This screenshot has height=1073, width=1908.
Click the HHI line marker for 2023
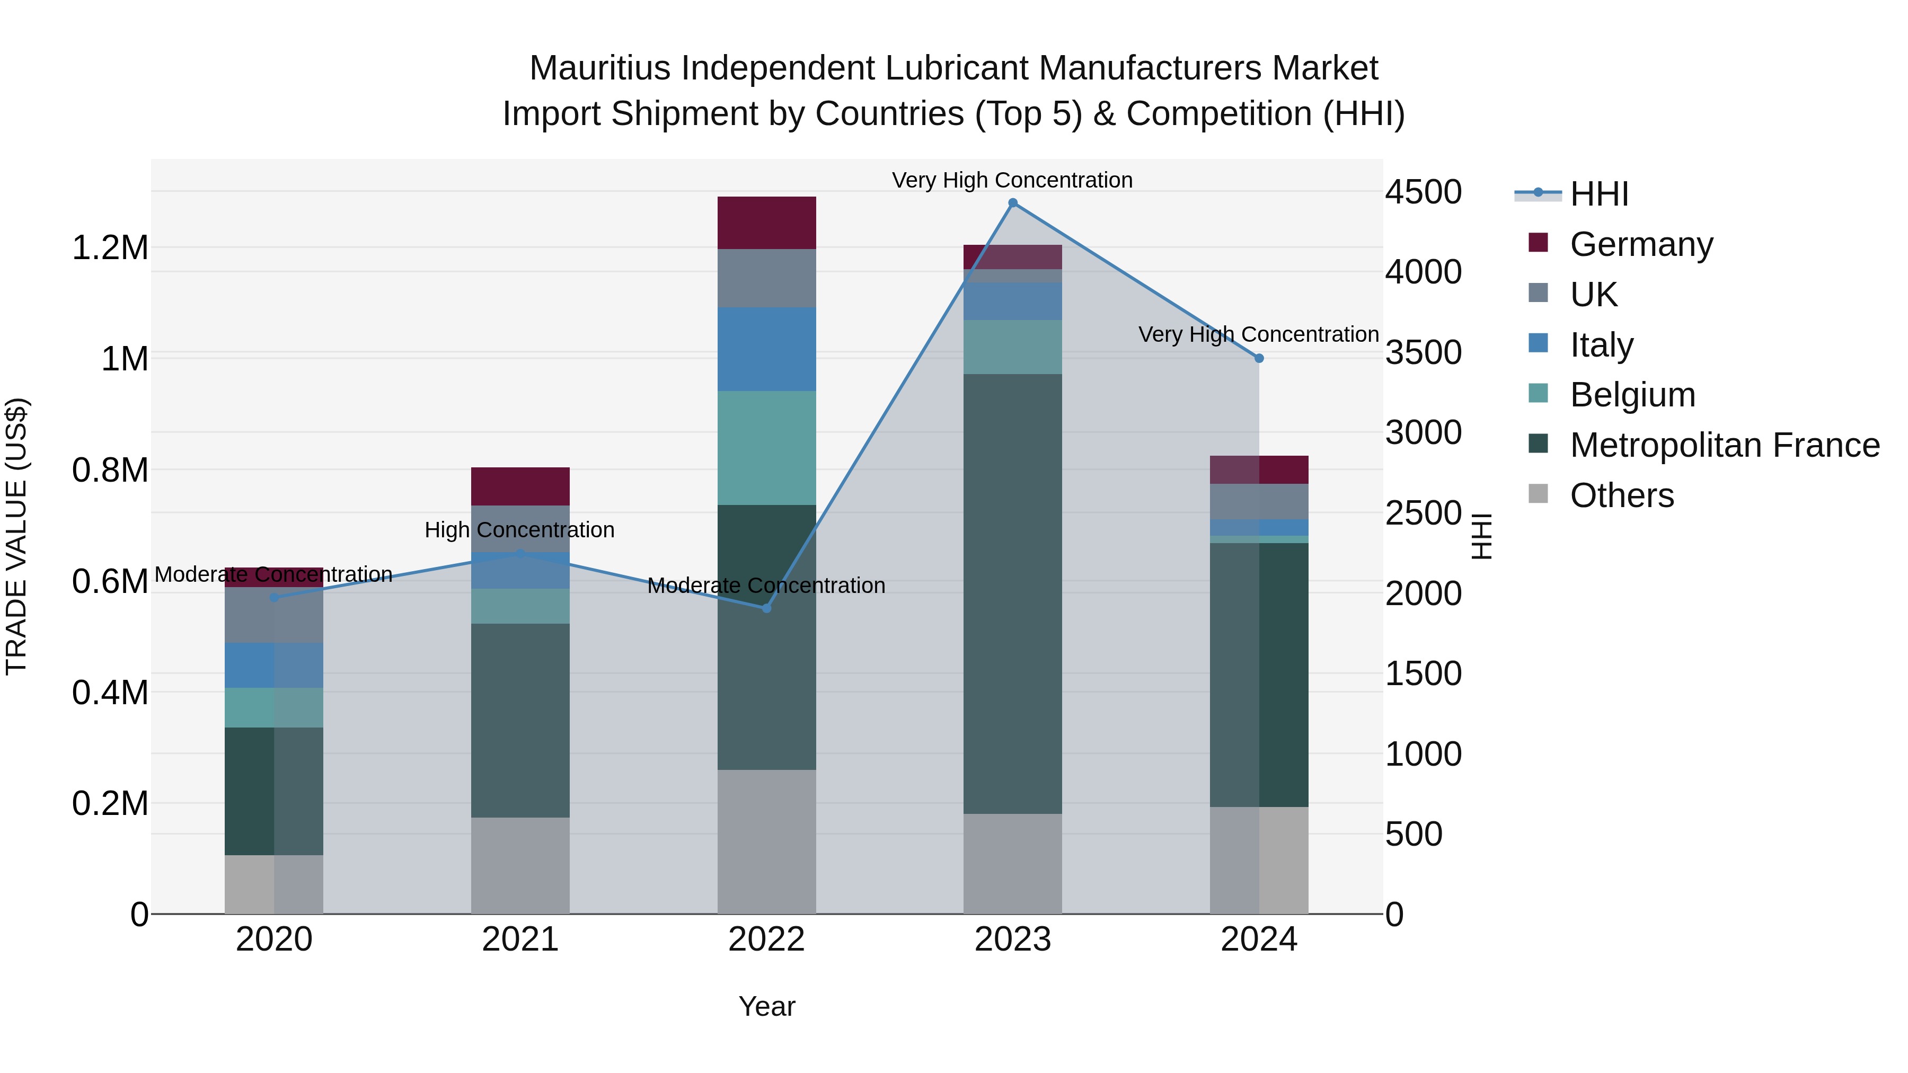[1012, 203]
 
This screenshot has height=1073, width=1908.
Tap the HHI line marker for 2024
[1258, 358]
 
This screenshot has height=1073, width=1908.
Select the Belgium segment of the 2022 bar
[766, 447]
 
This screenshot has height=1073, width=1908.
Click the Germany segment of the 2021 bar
[520, 486]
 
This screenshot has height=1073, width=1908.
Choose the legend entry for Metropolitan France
[1724, 445]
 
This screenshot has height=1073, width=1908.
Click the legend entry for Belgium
[1632, 395]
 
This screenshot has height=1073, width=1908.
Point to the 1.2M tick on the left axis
[110, 247]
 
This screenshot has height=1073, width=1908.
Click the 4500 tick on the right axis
[1423, 192]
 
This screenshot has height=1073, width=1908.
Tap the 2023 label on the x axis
[1012, 939]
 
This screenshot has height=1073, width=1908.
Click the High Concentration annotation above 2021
[519, 530]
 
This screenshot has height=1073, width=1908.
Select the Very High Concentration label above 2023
[1012, 180]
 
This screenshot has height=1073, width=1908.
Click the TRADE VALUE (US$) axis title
[16, 536]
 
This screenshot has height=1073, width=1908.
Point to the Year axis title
[766, 1006]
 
